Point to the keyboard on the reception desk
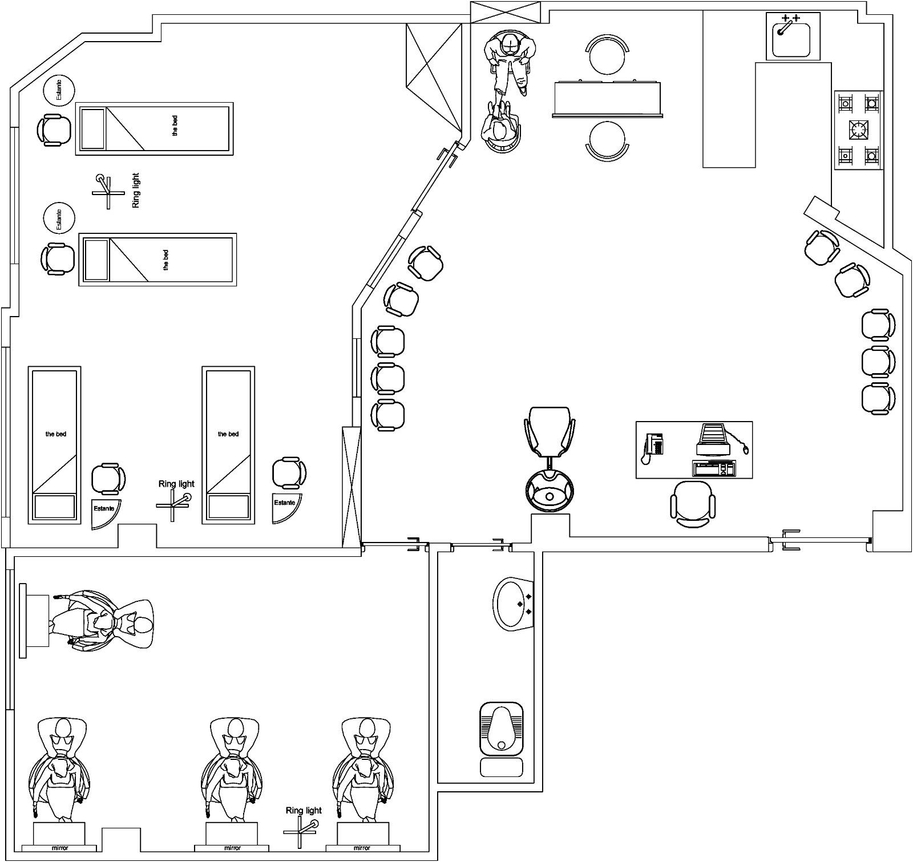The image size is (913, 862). pos(713,468)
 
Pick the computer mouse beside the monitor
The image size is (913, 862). pos(745,450)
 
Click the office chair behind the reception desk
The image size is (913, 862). pos(692,502)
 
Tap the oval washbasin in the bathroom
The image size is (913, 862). pos(512,604)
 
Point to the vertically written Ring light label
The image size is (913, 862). pos(136,191)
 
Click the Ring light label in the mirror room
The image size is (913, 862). pos(304,811)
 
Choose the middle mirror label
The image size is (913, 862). pos(232,848)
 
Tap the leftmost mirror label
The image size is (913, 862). pos(60,848)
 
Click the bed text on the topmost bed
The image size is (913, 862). pos(175,126)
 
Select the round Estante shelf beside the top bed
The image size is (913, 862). pos(59,90)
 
